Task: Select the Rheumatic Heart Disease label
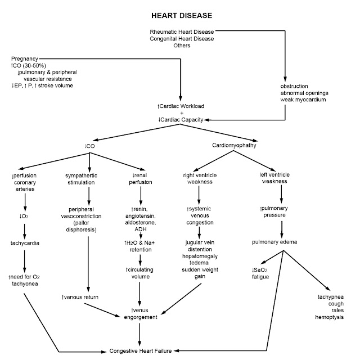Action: click(x=182, y=32)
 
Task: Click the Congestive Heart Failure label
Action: click(x=139, y=350)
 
